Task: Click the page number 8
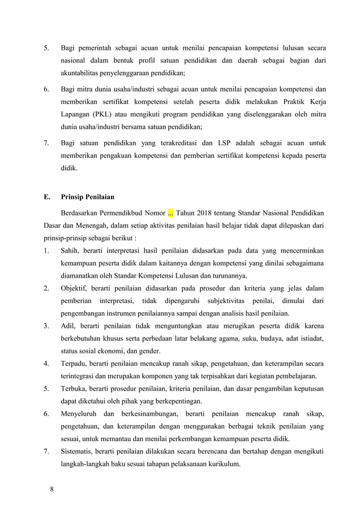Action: pyautogui.click(x=51, y=489)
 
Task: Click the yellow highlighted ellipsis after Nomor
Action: pyautogui.click(x=171, y=213)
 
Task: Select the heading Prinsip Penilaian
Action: pyautogui.click(x=88, y=198)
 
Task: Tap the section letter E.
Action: pyautogui.click(x=46, y=198)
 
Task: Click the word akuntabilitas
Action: pyautogui.click(x=85, y=74)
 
